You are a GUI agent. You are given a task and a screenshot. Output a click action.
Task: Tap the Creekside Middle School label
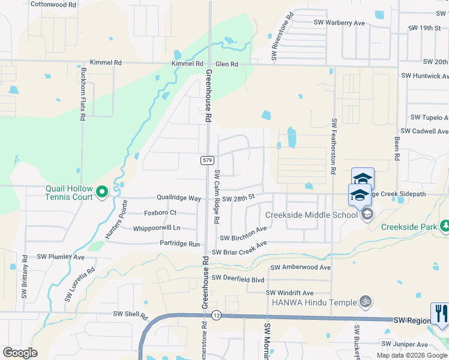click(312, 215)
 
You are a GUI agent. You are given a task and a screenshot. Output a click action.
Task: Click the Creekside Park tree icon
click(445, 226)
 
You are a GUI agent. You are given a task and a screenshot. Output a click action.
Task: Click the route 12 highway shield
click(217, 315)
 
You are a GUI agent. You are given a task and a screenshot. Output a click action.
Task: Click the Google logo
click(20, 353)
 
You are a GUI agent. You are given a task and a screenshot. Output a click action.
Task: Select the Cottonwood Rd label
click(53, 4)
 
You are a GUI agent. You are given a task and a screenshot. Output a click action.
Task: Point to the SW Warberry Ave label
click(340, 23)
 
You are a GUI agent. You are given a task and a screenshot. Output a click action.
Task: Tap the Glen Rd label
click(227, 64)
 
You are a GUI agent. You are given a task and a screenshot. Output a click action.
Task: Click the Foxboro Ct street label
click(160, 212)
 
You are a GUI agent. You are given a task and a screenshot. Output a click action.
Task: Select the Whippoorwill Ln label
click(157, 228)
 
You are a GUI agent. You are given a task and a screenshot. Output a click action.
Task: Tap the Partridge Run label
click(179, 244)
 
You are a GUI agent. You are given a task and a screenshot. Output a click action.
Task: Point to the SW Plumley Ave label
click(61, 257)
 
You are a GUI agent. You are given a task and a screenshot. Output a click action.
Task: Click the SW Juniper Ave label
click(406, 344)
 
